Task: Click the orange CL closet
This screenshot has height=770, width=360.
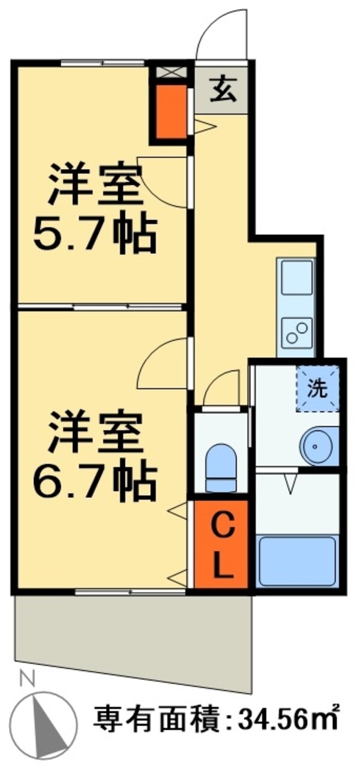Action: tap(221, 545)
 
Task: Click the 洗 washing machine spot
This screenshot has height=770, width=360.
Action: tap(317, 389)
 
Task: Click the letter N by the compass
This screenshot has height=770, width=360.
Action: tap(26, 679)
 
